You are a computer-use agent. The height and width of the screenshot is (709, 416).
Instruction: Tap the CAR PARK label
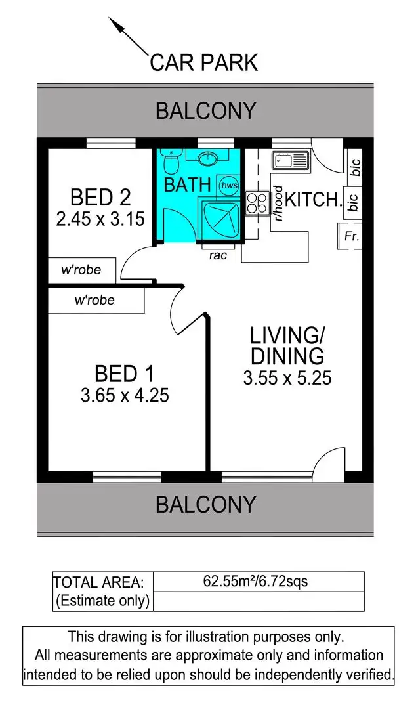(x=204, y=62)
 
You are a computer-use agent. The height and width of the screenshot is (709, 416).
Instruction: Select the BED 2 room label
(x=100, y=197)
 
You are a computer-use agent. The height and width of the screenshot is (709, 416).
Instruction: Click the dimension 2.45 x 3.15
(x=100, y=219)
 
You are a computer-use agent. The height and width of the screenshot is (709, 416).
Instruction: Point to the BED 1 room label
(x=124, y=374)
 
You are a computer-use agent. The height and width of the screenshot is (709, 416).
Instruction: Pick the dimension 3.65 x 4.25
(x=124, y=396)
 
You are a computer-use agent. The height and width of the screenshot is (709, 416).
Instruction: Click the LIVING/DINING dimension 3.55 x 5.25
(x=287, y=378)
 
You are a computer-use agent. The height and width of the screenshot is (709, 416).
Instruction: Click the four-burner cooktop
(x=257, y=203)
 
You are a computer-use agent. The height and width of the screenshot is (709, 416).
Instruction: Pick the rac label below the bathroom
(x=218, y=255)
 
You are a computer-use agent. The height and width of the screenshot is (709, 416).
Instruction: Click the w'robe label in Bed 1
(x=94, y=301)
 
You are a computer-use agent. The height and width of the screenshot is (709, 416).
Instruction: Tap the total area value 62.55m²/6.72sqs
(x=256, y=581)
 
